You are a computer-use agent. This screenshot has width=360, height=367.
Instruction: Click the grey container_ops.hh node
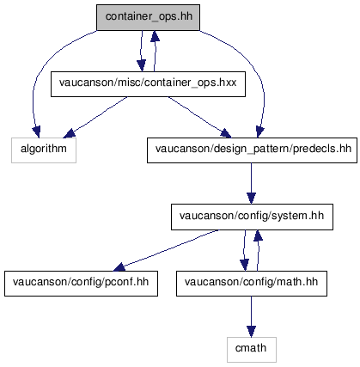coord(148,17)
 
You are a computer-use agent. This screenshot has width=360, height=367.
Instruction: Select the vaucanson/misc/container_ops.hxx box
coord(148,84)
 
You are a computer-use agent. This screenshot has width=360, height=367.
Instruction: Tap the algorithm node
coord(44,150)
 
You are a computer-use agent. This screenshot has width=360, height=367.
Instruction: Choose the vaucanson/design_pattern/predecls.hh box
coord(252,150)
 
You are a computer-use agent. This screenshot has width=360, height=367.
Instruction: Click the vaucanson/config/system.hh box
coord(252,217)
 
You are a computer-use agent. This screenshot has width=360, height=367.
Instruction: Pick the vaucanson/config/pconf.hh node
coord(81,284)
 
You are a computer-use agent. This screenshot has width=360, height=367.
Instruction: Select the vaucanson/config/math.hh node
coord(252,284)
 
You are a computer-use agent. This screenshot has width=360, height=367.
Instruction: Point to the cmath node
coord(252,350)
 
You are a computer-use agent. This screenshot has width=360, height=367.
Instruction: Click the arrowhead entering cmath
coord(251,332)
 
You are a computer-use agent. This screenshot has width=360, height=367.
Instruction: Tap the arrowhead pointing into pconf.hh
coord(119,267)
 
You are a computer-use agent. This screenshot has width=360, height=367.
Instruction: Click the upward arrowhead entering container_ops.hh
coord(155,36)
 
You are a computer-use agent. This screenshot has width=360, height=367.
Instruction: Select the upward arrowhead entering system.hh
coord(258,235)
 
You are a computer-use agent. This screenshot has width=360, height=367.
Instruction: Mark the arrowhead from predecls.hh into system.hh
coord(251,199)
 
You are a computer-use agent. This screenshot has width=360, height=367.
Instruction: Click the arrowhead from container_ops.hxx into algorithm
coord(69,133)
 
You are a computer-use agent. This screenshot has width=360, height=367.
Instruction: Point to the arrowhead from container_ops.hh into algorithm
coord(37,132)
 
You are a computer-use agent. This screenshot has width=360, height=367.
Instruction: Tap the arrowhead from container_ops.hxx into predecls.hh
coord(226,133)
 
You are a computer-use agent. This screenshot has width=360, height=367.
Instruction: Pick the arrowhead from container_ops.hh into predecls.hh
coord(259,132)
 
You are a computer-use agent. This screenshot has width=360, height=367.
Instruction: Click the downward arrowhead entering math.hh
coord(244,265)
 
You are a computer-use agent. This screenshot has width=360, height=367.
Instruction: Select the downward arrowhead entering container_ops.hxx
coord(141,65)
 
